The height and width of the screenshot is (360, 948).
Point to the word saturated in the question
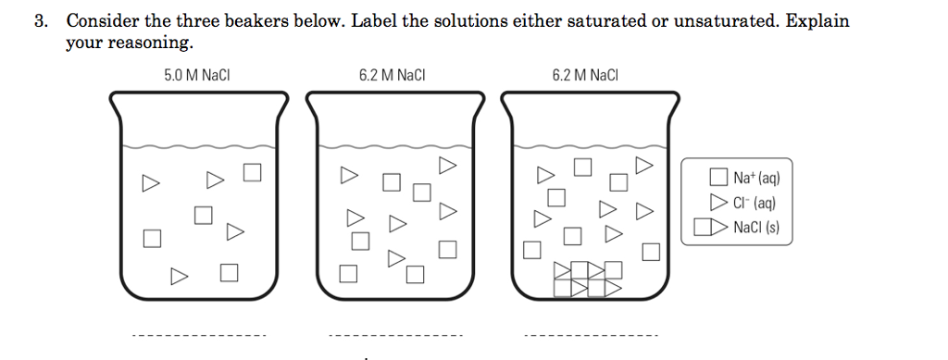click(560, 20)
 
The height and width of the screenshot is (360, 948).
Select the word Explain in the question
click(817, 20)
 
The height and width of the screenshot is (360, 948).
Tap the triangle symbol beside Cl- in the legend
click(717, 203)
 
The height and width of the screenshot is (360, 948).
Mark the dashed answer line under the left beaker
click(198, 335)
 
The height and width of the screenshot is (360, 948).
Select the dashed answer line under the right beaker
click(592, 335)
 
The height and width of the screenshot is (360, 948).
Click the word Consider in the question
click(102, 20)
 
